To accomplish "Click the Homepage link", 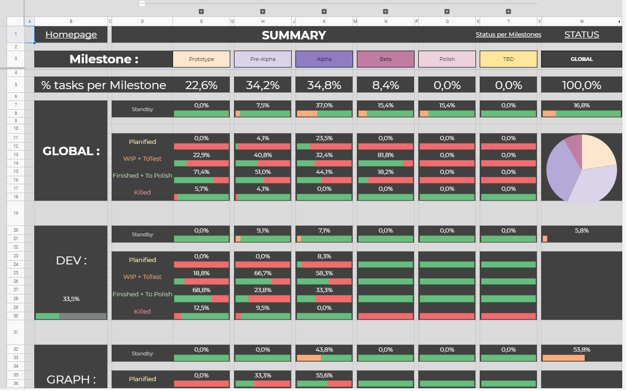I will click(71, 35).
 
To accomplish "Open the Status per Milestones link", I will click(508, 35).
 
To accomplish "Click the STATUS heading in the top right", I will click(581, 35).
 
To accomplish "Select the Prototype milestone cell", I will click(202, 59).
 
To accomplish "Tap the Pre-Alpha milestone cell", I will click(263, 59).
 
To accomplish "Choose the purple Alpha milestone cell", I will click(324, 59).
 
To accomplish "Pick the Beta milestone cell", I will click(385, 59).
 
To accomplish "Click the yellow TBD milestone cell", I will click(508, 59).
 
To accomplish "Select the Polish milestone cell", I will click(447, 59).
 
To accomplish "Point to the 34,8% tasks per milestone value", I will click(324, 85).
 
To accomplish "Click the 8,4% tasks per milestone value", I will click(385, 85).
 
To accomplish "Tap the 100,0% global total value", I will click(581, 85).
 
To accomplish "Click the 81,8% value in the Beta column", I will click(385, 155).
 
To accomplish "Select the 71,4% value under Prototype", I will click(202, 172).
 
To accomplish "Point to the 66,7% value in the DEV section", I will click(263, 273).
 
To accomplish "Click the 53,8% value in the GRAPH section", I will click(581, 350).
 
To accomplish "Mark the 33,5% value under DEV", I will click(71, 299).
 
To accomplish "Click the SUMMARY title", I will click(294, 35).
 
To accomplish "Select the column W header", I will click(581, 21).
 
